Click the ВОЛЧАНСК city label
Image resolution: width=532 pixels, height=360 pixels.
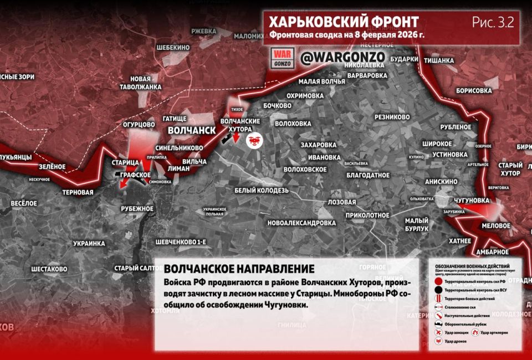click(x=192, y=130)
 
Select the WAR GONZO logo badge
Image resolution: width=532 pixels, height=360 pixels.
click(x=282, y=58)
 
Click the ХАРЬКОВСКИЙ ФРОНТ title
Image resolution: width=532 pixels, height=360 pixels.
click(x=344, y=22)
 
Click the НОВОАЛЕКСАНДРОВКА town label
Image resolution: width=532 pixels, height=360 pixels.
click(x=301, y=223)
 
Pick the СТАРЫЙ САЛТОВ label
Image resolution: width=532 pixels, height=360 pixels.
click(x=139, y=269)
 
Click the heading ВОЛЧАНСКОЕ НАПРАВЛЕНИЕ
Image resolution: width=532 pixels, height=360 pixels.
click(x=239, y=269)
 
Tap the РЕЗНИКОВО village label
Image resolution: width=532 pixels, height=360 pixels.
click(x=392, y=117)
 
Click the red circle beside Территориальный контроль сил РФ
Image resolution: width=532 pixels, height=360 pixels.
click(x=438, y=282)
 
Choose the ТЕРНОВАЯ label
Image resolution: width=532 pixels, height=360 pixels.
click(x=78, y=192)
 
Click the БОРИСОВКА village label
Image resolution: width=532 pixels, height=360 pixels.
click(x=474, y=90)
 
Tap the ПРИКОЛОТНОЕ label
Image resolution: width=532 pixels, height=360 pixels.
click(x=367, y=215)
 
